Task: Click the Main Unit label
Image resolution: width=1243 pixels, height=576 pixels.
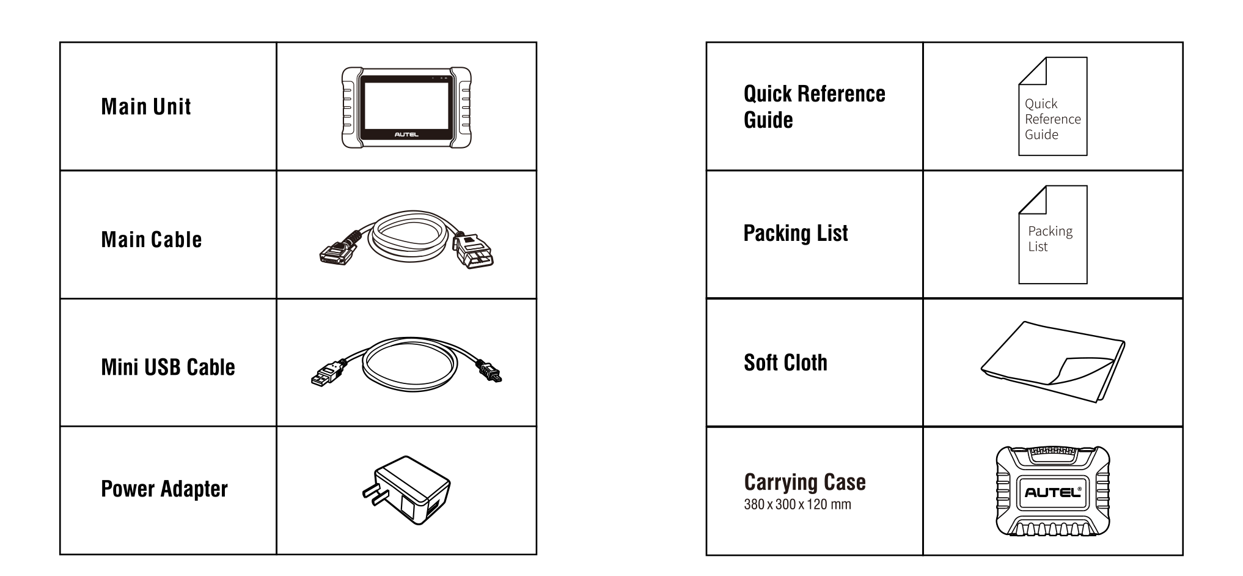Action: click(x=146, y=106)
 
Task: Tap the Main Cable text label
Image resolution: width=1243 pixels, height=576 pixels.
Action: click(x=152, y=239)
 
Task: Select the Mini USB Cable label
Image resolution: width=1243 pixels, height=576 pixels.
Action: click(x=168, y=367)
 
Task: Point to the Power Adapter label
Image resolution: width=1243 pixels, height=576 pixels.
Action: click(x=164, y=489)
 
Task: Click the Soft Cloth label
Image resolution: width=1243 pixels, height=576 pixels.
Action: click(x=785, y=363)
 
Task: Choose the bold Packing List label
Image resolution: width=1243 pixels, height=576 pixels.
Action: click(x=796, y=233)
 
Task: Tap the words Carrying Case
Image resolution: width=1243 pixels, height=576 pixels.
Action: click(x=805, y=482)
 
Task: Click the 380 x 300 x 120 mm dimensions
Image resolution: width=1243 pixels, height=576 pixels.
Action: click(x=798, y=504)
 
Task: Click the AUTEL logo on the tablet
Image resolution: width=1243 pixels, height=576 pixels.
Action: click(x=406, y=135)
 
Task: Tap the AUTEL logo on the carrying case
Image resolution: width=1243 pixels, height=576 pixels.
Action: click(x=1052, y=492)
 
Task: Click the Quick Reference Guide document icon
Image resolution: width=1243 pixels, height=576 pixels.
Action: click(x=1052, y=106)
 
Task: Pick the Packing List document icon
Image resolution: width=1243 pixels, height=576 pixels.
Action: click(x=1052, y=235)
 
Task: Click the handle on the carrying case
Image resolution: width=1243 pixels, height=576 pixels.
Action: click(x=1052, y=456)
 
